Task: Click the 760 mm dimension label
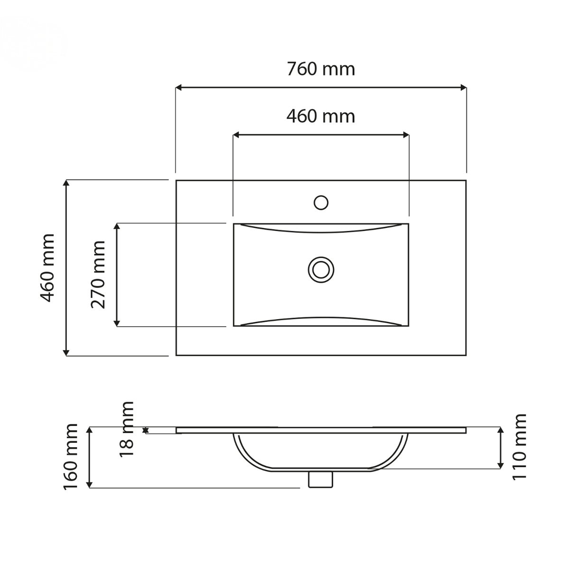(321, 69)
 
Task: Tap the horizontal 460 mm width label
(321, 116)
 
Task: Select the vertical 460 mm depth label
(47, 267)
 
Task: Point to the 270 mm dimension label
(99, 274)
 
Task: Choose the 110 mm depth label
(520, 447)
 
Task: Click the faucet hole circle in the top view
(321, 202)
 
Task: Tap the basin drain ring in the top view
(321, 269)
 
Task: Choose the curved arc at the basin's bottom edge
(321, 318)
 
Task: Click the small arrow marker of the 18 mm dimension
(146, 431)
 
